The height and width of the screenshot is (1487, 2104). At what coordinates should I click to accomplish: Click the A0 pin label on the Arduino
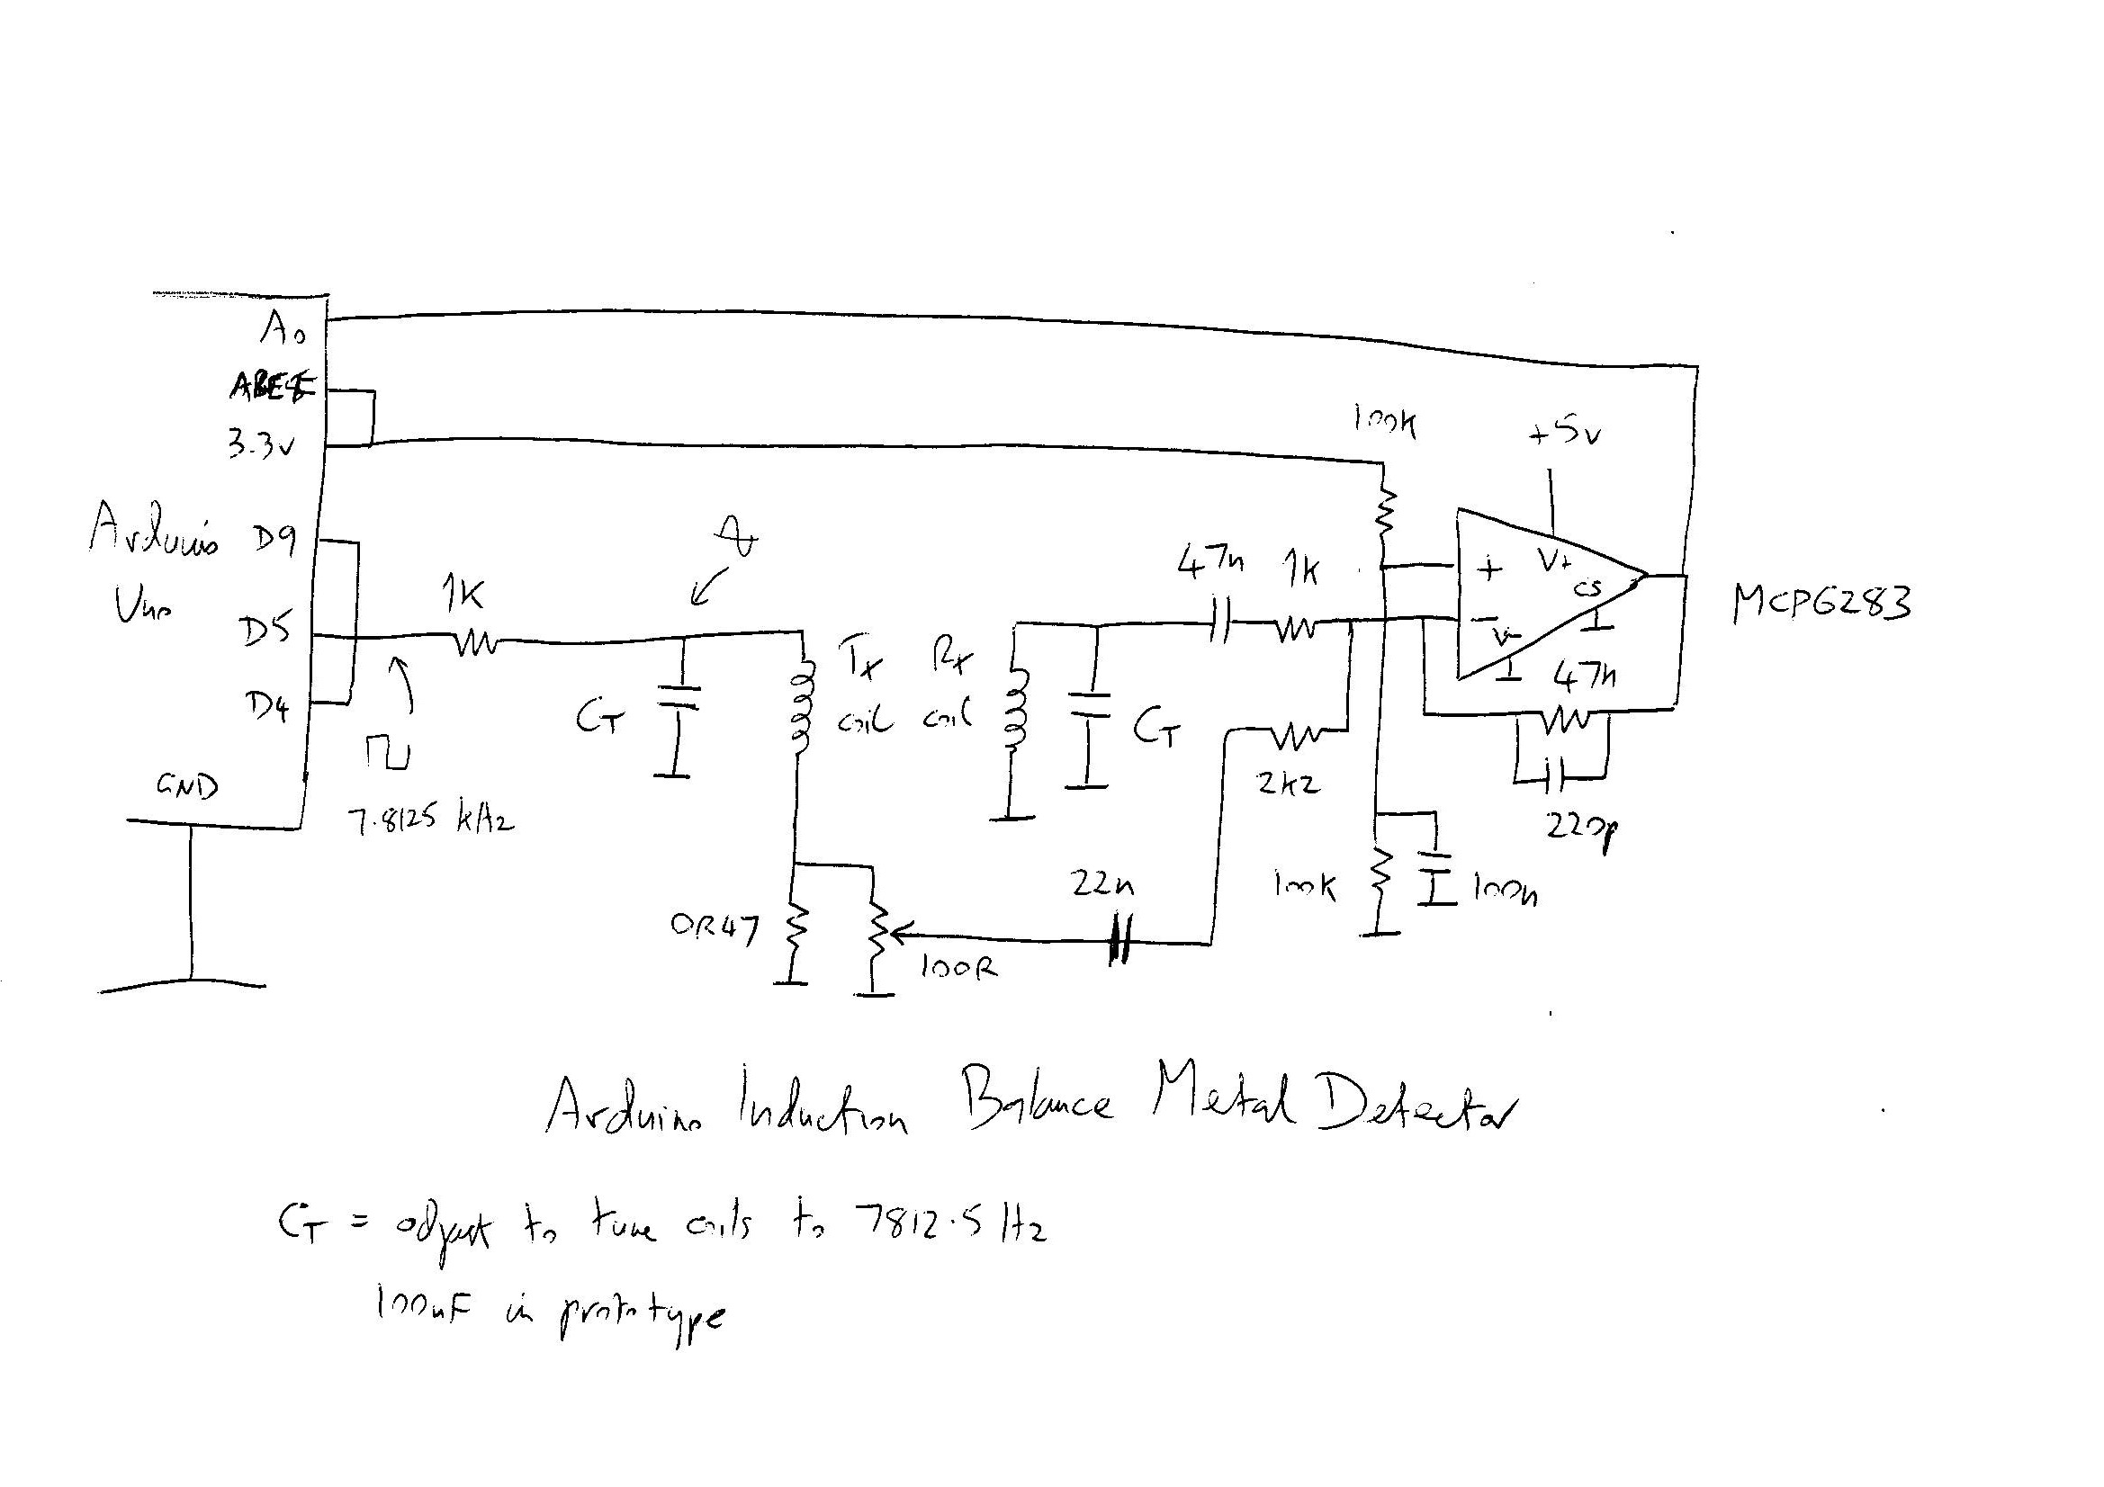pos(283,328)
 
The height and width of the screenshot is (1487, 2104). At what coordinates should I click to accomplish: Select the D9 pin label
pos(272,541)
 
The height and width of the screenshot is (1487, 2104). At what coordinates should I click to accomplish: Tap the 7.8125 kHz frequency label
pos(430,820)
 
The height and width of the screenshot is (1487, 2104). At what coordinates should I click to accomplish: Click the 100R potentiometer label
pos(958,968)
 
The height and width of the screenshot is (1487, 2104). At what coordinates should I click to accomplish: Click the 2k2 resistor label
pos(1289,784)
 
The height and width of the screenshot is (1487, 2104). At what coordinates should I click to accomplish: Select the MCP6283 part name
pos(1821,604)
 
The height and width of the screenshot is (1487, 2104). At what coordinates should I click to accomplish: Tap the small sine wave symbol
pos(739,536)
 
